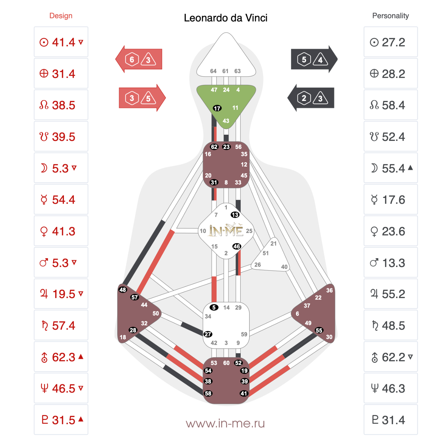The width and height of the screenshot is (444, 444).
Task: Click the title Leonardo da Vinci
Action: point(226,18)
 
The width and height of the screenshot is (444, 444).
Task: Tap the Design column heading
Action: point(61,16)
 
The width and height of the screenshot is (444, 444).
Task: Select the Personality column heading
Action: point(390,16)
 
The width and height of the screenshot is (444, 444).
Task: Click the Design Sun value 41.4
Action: point(64,42)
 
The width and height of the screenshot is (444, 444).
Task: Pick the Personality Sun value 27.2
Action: point(393,42)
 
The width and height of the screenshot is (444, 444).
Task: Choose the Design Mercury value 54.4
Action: point(64,200)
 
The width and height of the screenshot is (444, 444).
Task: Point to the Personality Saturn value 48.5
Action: point(393,326)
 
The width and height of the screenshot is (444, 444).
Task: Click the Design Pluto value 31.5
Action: point(64,420)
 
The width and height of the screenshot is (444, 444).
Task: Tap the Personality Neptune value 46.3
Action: point(393,388)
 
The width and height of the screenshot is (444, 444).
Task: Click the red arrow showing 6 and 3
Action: point(139,59)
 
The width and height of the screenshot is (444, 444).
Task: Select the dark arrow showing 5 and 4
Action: point(314,59)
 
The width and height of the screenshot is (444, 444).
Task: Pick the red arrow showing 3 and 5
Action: point(142,98)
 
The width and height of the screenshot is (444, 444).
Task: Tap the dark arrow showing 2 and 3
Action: point(311,98)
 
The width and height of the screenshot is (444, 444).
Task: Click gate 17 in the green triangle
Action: point(217,108)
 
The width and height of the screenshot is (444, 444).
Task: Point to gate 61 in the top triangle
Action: point(225,71)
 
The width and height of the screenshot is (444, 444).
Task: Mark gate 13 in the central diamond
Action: point(235,215)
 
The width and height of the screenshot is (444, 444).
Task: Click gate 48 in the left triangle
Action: point(123,290)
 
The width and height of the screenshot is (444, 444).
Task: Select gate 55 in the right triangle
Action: point(319,330)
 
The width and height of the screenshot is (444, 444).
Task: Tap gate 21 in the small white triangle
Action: point(274,244)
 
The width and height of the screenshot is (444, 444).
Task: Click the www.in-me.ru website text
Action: point(225,424)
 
